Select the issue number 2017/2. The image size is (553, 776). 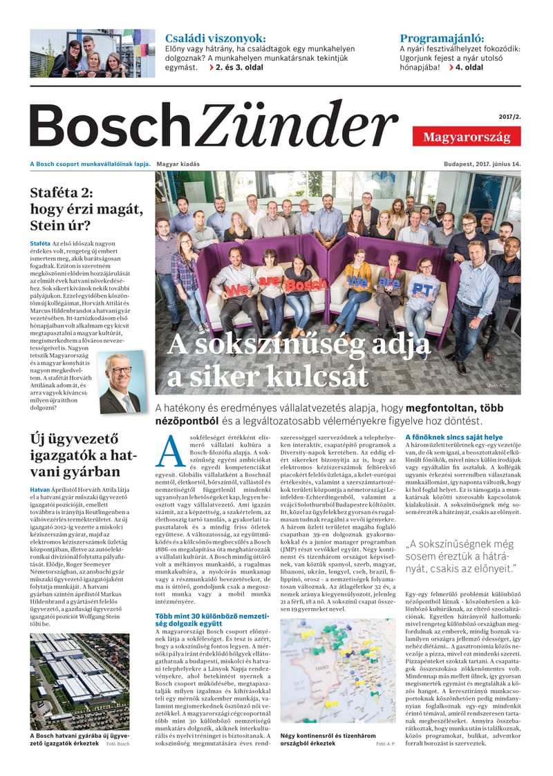coord(508,117)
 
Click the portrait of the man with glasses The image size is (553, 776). coord(121,383)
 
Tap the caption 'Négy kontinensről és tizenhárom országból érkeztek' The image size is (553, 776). coord(324,739)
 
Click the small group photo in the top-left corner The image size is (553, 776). coord(83,54)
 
